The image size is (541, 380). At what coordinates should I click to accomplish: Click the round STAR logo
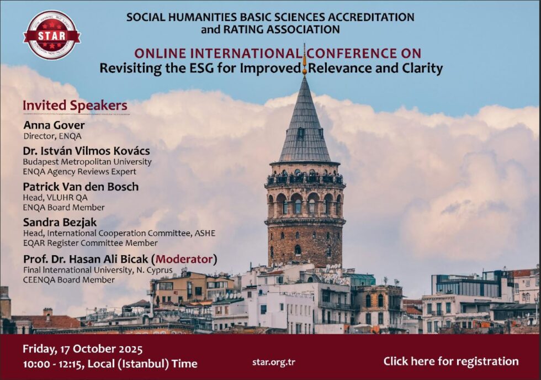(52, 35)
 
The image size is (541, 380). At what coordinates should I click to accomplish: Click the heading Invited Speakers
(75, 105)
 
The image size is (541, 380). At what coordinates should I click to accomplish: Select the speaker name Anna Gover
(54, 125)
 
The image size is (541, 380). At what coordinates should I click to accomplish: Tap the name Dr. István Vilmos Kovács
(86, 151)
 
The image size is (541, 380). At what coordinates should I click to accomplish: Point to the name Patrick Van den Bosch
(81, 187)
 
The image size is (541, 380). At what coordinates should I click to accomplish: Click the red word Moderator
(184, 259)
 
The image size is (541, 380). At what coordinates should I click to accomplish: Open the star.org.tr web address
(274, 362)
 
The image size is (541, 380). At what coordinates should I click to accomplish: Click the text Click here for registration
(451, 361)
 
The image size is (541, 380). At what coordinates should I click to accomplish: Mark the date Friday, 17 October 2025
(82, 349)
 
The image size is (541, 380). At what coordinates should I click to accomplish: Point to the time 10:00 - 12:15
(52, 364)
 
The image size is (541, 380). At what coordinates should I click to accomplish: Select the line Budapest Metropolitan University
(87, 162)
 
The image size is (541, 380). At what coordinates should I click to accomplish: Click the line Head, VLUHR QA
(55, 198)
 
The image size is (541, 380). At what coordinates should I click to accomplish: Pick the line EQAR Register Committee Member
(91, 243)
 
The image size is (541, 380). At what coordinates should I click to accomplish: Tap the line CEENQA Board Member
(68, 280)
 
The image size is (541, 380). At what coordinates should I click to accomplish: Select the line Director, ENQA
(52, 136)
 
